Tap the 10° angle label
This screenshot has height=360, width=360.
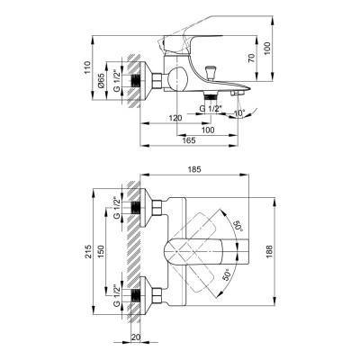click(238, 112)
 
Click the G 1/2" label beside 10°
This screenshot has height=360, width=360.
click(212, 110)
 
